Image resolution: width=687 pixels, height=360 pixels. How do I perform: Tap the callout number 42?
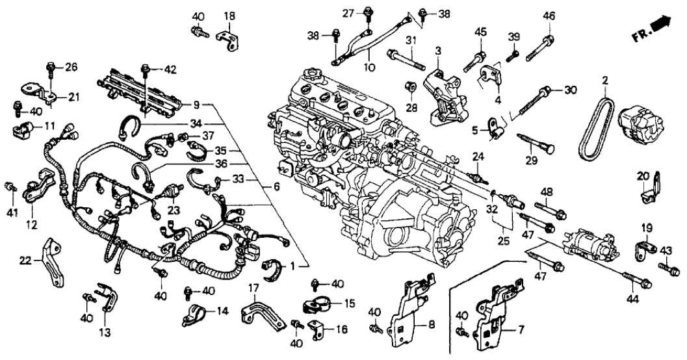(x=170, y=70)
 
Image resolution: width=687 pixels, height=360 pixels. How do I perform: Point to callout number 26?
(x=71, y=66)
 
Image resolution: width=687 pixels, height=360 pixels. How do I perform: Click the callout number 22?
(x=25, y=261)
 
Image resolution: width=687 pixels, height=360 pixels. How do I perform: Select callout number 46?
(x=549, y=16)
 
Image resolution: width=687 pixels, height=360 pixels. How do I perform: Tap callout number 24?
(x=479, y=156)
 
